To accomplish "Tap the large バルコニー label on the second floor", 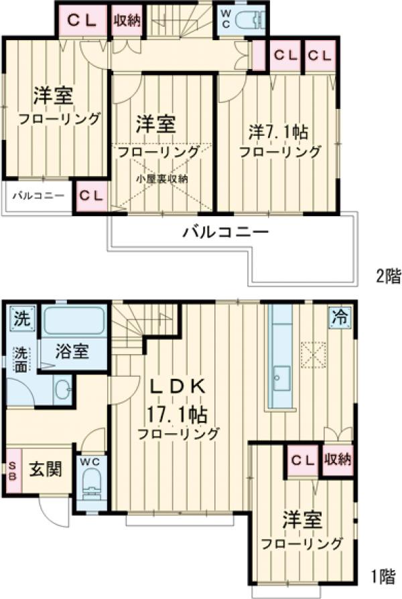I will tap(226, 234).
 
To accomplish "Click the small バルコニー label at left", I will tap(37, 196).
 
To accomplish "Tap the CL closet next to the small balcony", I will tap(92, 195).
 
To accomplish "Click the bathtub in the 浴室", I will tap(74, 322).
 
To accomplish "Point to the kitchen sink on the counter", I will tap(280, 380).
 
